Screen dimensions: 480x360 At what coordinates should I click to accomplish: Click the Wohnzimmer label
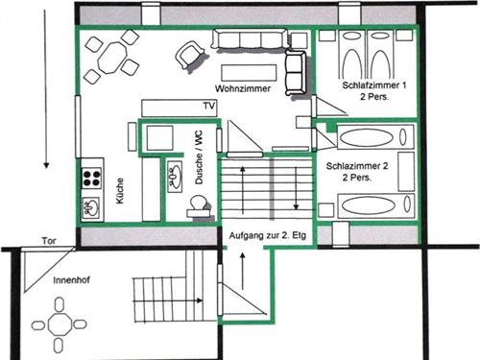point(243,88)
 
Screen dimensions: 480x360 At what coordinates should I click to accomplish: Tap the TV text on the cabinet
point(209,106)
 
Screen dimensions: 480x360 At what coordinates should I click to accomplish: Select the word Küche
point(120,191)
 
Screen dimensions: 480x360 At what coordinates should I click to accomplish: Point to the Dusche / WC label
point(199,157)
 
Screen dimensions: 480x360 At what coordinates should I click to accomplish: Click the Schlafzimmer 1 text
point(374,85)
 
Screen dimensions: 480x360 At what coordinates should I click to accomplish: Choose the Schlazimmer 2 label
point(357,166)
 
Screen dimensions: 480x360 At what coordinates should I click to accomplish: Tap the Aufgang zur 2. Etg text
point(268,236)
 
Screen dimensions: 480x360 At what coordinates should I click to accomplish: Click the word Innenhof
point(71,280)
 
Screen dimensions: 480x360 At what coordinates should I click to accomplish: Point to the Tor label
point(49,241)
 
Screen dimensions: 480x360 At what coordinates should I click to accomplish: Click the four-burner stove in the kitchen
point(92,179)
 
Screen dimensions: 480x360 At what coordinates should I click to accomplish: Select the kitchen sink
point(91,207)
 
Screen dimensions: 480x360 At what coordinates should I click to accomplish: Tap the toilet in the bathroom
point(198,206)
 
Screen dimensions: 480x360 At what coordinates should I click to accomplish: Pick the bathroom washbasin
point(175,177)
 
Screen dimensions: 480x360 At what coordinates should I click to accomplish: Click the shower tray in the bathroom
point(159,138)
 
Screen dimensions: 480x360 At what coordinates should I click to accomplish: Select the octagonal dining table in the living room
point(112,58)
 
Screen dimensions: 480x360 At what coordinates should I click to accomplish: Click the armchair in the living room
point(189,55)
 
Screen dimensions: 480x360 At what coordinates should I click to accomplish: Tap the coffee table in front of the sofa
point(249,73)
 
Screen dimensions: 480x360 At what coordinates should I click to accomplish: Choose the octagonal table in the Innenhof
point(60,324)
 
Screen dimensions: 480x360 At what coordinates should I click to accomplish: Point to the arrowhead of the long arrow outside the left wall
point(46,165)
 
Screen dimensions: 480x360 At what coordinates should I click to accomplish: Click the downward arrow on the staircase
point(296,188)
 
